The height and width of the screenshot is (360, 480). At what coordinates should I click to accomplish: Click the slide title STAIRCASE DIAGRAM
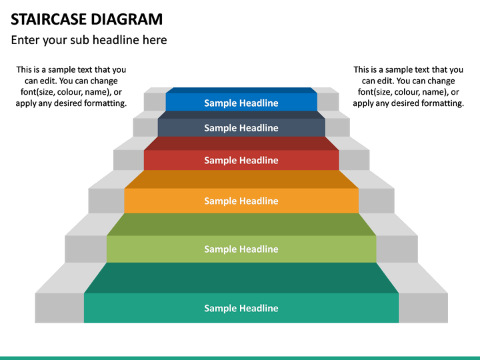(87, 19)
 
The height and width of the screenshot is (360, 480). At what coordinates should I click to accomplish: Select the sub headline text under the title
(89, 40)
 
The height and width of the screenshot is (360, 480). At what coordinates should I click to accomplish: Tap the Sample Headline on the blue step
(241, 103)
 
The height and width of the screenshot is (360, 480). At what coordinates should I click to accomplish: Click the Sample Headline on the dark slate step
(241, 128)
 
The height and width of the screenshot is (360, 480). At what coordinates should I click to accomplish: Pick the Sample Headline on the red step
(241, 160)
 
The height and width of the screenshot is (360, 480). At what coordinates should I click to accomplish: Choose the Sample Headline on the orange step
(241, 201)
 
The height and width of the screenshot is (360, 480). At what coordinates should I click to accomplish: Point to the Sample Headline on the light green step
(241, 249)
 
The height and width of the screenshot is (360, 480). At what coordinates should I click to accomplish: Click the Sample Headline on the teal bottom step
(241, 308)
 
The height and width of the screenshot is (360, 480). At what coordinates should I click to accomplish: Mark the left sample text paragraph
(71, 87)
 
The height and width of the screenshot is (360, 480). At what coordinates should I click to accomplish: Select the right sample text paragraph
(408, 87)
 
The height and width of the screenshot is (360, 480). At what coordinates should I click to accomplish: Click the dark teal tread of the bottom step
(241, 277)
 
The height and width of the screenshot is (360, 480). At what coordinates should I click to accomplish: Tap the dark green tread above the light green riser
(241, 225)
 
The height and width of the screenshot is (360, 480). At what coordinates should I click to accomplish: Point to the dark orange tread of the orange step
(241, 179)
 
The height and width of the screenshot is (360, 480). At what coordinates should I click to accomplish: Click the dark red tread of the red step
(241, 143)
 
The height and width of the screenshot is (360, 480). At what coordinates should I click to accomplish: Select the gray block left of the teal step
(59, 308)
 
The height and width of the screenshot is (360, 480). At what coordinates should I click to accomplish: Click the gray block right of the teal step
(423, 308)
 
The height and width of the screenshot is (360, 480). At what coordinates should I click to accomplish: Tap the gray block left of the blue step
(155, 101)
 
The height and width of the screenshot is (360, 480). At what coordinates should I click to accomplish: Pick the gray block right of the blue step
(327, 101)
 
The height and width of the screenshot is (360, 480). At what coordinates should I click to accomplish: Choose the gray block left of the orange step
(106, 201)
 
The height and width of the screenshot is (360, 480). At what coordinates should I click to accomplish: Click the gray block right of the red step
(354, 160)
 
